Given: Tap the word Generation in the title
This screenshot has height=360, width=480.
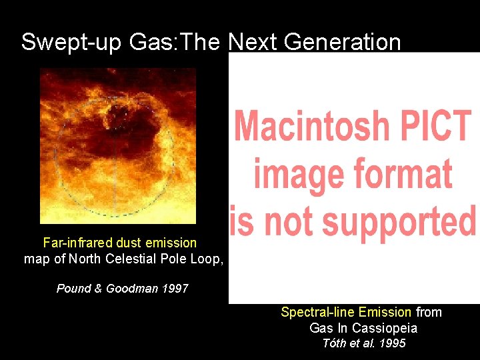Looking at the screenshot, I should [344, 42].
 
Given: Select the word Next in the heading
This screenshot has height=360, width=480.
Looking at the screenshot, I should [253, 42].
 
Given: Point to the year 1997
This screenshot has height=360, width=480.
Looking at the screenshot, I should [175, 289].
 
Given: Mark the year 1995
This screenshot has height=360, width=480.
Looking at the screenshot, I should [393, 344].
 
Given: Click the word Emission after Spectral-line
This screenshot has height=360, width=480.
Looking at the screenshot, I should [385, 312].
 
